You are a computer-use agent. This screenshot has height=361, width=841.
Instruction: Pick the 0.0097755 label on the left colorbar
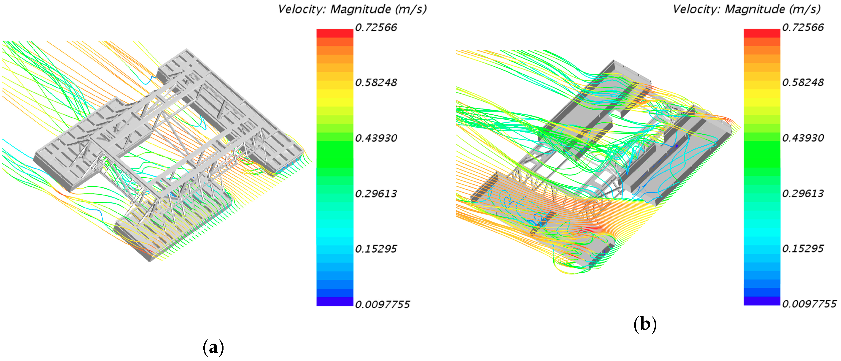coord(382,304)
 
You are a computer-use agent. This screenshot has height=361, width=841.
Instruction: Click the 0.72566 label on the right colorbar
coord(803,27)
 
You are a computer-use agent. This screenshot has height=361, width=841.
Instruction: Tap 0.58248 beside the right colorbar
coord(803,83)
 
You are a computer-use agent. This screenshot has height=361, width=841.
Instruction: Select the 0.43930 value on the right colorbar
coord(803,138)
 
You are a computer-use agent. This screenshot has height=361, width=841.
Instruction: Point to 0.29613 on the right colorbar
coord(803,194)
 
